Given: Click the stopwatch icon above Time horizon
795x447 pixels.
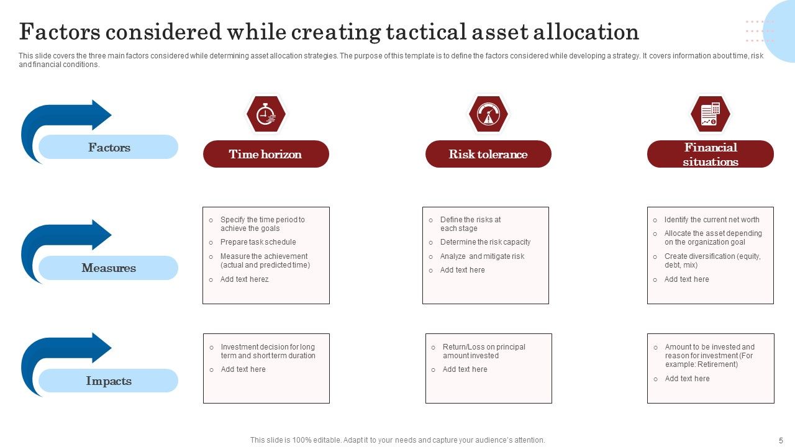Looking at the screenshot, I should coord(266,114).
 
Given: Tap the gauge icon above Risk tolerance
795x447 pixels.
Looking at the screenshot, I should coord(488,114).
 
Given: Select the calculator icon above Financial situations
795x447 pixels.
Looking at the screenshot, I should coord(710,114).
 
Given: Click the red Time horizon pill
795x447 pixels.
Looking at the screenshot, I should coord(266,154).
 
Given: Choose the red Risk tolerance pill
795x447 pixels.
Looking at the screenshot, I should coord(488,154).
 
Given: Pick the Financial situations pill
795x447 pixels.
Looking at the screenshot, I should coord(711,154).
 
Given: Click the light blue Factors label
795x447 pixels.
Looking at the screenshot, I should coord(109,147).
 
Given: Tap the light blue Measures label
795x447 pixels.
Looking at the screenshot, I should coord(109,268).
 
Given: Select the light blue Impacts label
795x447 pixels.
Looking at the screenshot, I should coord(109,381).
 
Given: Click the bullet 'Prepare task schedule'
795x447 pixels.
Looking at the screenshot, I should coord(258,242).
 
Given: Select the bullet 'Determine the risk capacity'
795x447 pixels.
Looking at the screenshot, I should coord(485,242).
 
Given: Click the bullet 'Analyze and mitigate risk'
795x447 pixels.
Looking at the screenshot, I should coord(482,256).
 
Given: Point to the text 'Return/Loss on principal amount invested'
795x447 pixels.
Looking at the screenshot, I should coord(483,351).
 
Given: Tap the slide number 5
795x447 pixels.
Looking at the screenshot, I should coord(781,440).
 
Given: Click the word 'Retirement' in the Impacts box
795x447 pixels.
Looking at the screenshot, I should coord(716,364).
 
